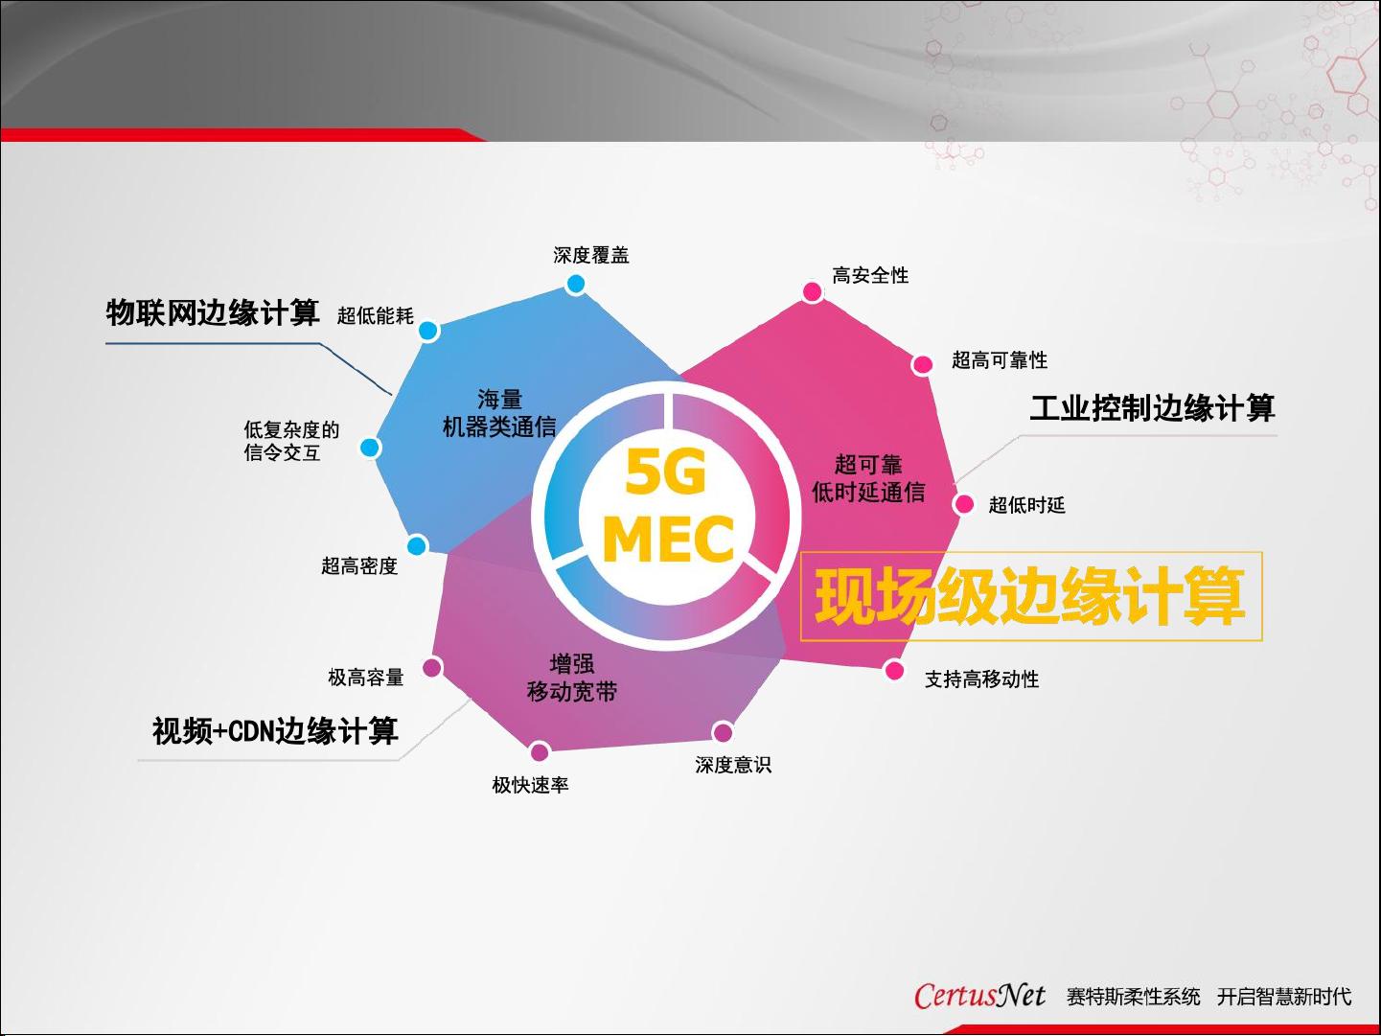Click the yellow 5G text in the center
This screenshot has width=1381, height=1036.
coord(666,472)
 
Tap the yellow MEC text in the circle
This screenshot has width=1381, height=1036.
coord(668,539)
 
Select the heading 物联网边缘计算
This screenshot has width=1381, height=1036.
coord(213,312)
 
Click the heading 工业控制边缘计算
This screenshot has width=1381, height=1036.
coord(1152,407)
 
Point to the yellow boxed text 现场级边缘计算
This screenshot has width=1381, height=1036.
coord(1030,595)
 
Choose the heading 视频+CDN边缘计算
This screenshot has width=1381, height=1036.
coord(275,731)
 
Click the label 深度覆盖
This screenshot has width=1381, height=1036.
coord(590,255)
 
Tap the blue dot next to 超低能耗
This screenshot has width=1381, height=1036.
coord(428,331)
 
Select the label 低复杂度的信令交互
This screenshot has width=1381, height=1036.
coord(291,441)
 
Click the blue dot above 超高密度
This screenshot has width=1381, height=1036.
coord(417,545)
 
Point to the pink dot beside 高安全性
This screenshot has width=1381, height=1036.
coord(813,291)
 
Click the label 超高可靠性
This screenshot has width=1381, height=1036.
coord(1000,360)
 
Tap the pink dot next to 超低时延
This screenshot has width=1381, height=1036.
coord(963,504)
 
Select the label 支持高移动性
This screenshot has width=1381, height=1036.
coord(981,679)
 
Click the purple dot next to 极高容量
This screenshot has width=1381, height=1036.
coord(432,667)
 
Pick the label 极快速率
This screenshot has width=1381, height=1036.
coord(530,785)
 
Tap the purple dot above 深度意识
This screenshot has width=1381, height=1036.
coord(723,732)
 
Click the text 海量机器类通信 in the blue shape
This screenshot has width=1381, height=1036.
coord(499,413)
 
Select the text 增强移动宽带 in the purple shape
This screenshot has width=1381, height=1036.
coord(571,679)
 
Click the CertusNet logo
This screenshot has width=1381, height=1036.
coord(979,996)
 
